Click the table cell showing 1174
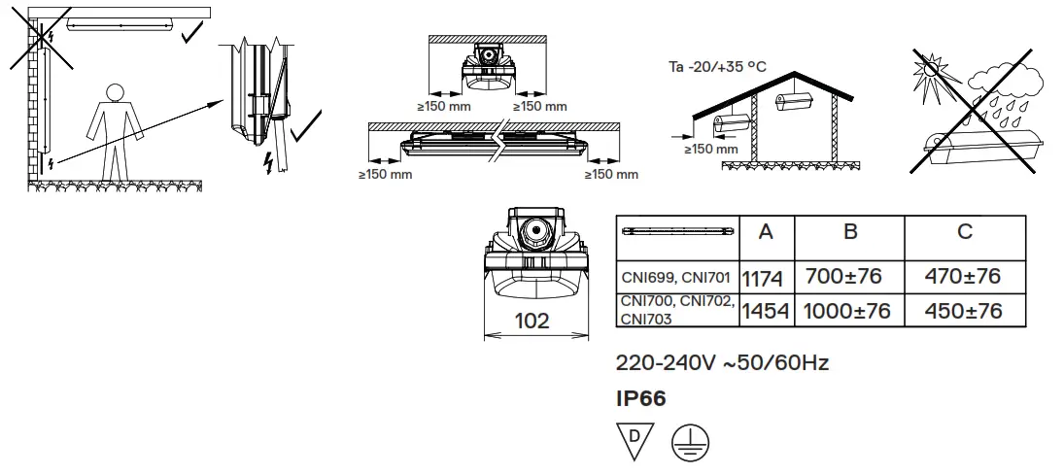[762, 278]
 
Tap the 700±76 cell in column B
[843, 277]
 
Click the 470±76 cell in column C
[964, 277]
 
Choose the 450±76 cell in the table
[964, 311]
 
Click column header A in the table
[766, 232]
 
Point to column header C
[964, 232]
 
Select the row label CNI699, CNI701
[676, 278]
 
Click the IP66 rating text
[641, 399]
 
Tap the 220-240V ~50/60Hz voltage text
[722, 363]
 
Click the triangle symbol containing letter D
[635, 439]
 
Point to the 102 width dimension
[532, 322]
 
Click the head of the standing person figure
[115, 93]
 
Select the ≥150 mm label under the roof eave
[710, 150]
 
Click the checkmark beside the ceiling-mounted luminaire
[192, 32]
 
